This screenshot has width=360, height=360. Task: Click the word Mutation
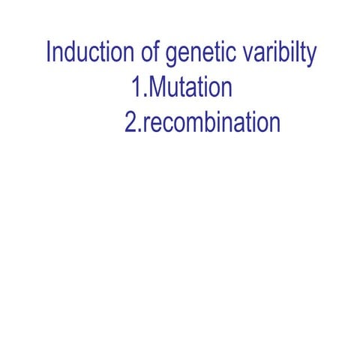190,88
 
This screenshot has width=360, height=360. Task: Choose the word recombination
211,122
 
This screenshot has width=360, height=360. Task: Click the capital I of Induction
49,54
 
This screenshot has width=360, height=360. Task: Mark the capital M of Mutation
157,88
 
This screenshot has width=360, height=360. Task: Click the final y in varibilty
310,58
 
